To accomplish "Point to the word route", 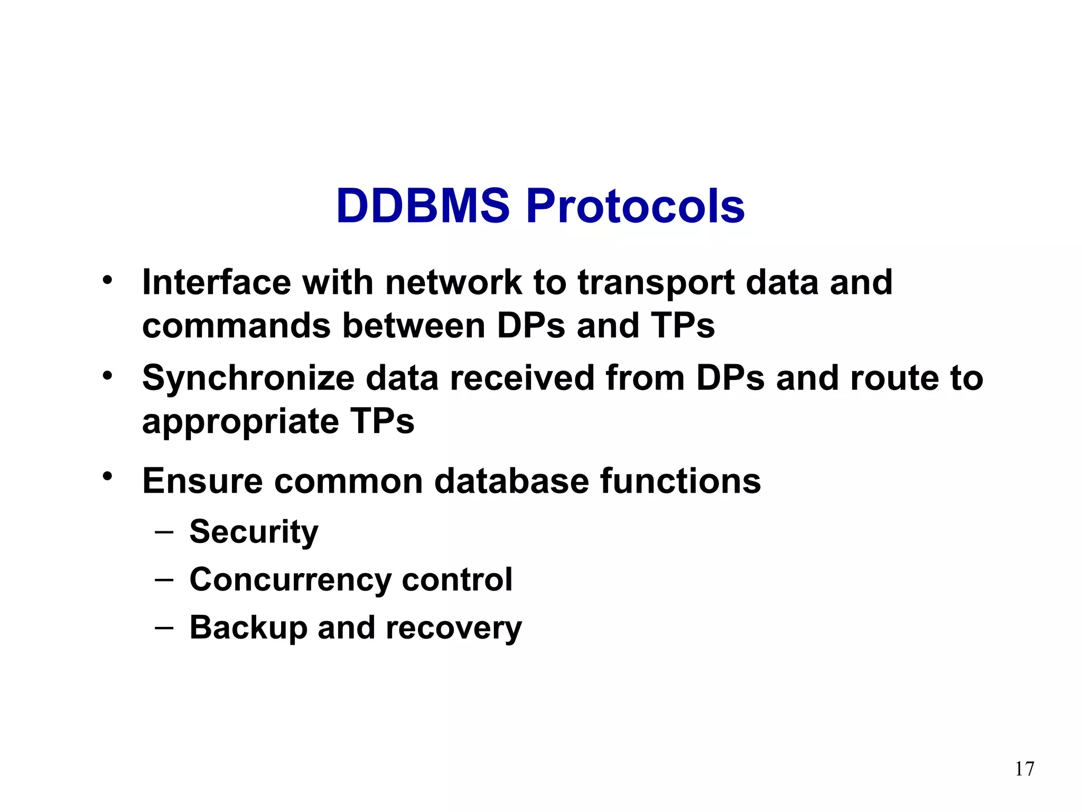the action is (894, 379).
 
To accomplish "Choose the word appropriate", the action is (240, 422).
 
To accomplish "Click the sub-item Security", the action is (254, 532).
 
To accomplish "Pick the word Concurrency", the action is (290, 580).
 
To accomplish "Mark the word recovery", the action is (453, 628).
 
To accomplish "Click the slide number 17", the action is (1024, 769).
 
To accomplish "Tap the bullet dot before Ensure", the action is (108, 476).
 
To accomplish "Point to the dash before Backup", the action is (164, 627).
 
